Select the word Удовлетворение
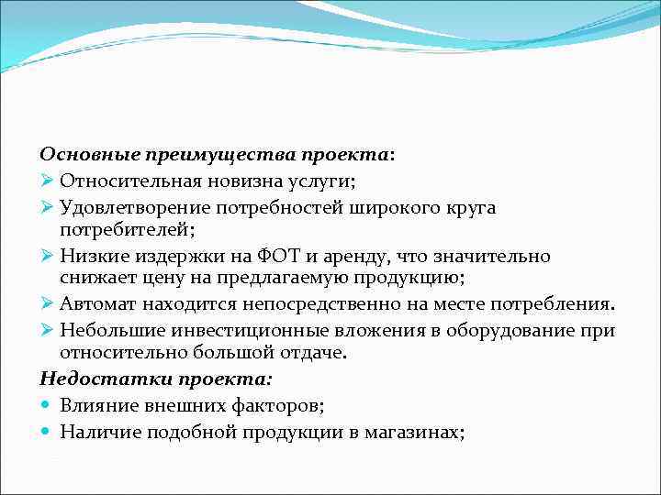[129, 207]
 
